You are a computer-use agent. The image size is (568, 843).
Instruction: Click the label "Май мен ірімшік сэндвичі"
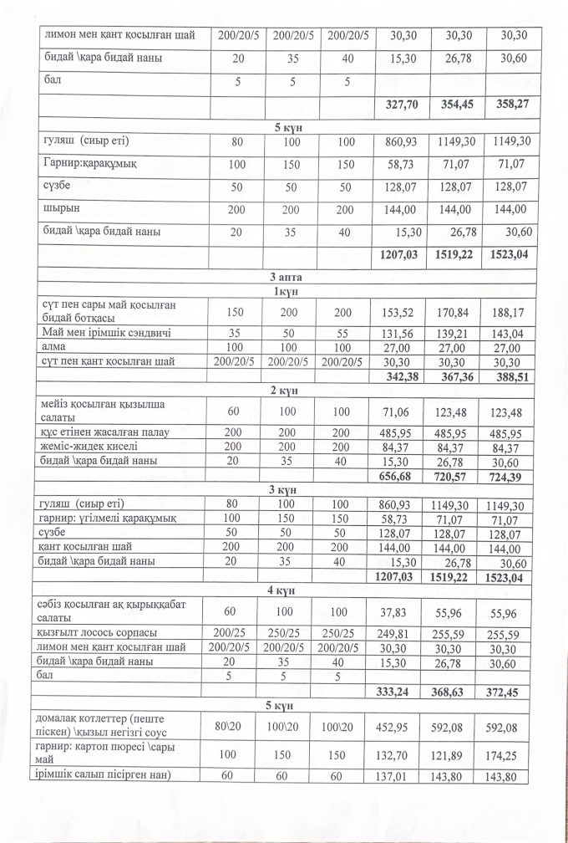[105, 333]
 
